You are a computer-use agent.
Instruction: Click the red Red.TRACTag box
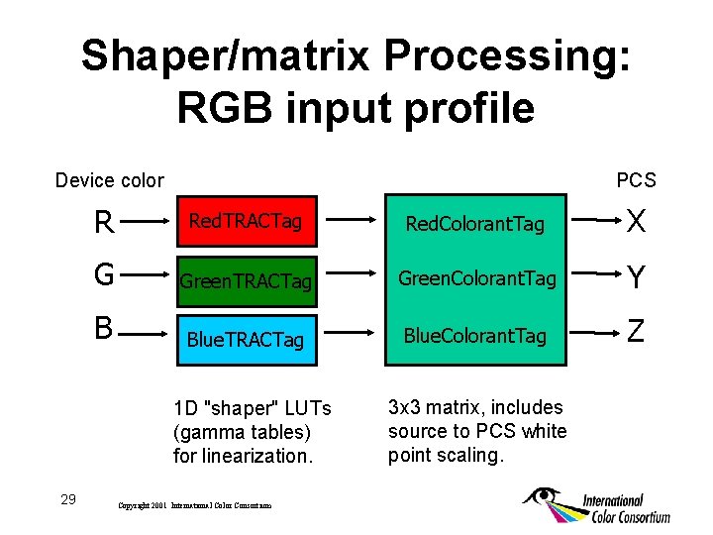click(x=246, y=221)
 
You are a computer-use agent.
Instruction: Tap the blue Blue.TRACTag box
click(x=246, y=339)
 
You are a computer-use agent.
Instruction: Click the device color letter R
click(x=103, y=223)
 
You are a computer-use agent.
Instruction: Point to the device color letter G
click(x=103, y=273)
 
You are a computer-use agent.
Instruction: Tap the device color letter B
click(x=103, y=328)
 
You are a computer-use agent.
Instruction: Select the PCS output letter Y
click(x=637, y=278)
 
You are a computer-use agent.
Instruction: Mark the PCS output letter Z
click(x=637, y=330)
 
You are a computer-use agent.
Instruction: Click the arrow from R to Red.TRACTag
click(x=143, y=224)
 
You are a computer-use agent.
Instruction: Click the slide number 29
click(x=68, y=498)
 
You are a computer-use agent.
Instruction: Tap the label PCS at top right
click(x=636, y=179)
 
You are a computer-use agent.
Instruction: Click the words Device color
click(x=109, y=179)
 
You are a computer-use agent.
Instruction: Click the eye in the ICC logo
click(x=544, y=496)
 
